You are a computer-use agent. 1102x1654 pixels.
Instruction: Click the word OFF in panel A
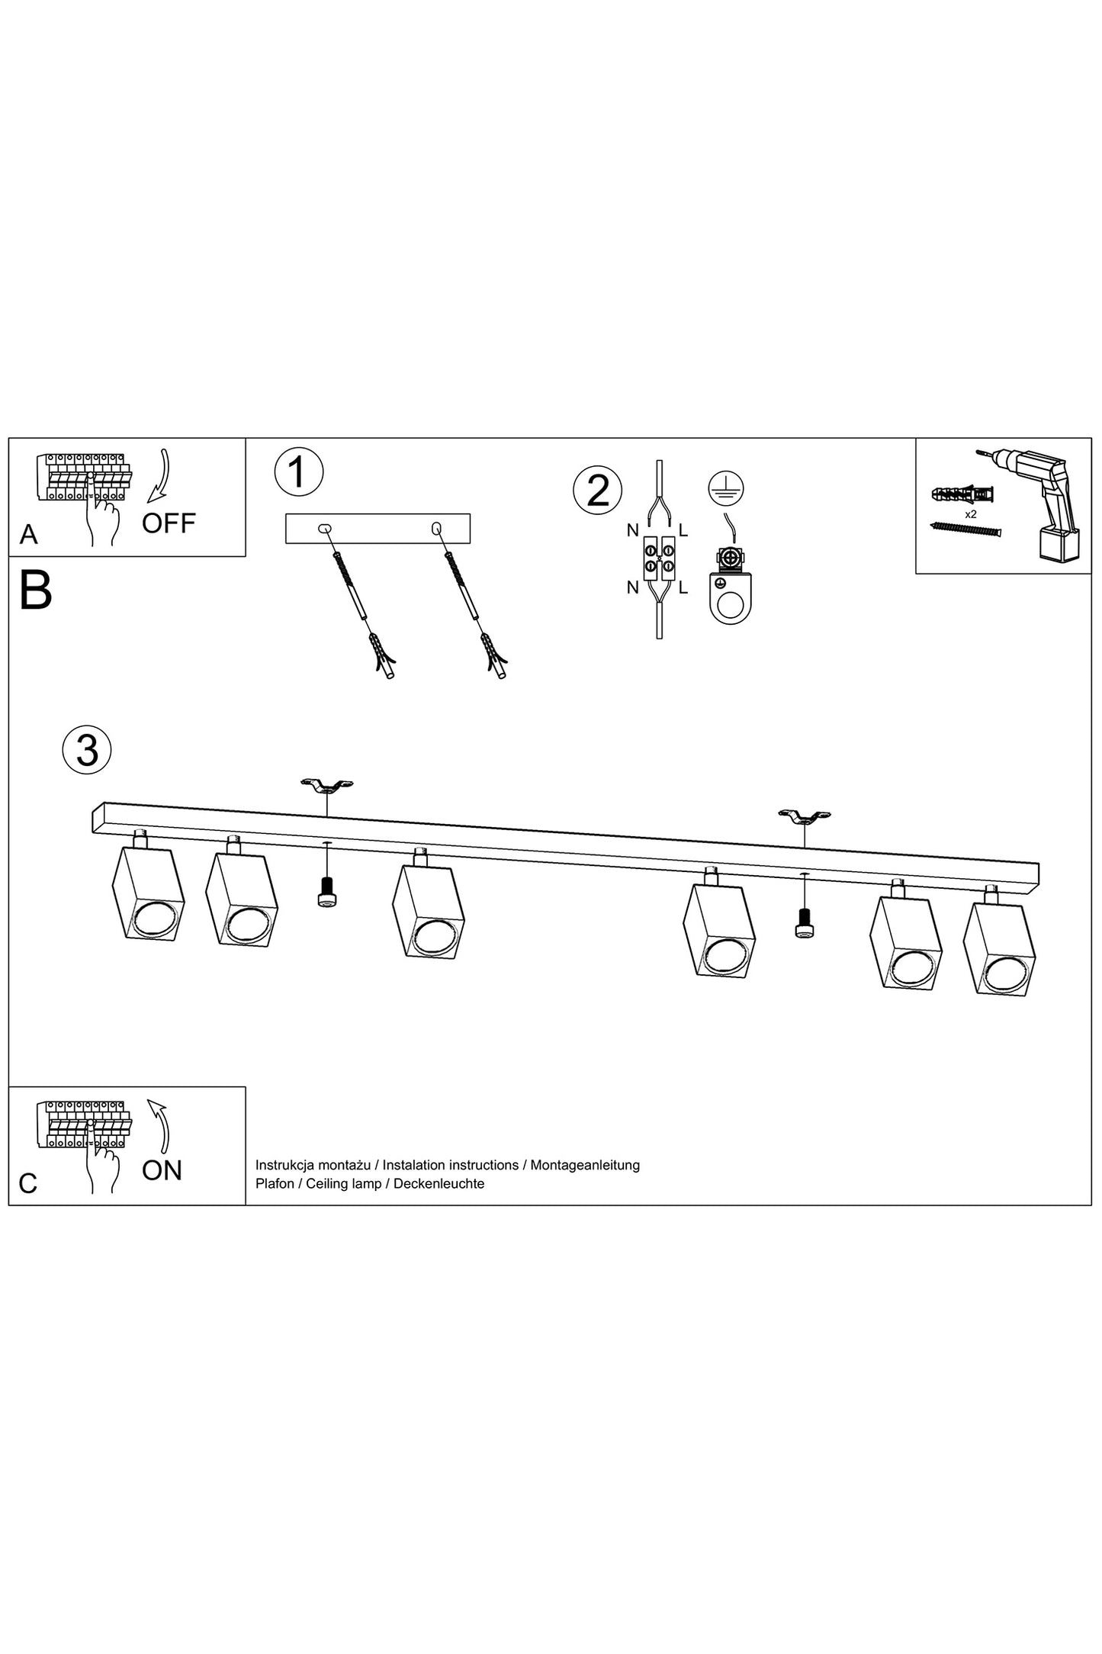click(169, 523)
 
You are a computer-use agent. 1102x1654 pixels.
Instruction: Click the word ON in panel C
click(162, 1170)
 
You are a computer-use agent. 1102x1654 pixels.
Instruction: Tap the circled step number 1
click(299, 471)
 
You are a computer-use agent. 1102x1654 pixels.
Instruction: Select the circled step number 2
click(597, 491)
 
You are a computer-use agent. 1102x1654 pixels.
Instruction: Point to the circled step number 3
click(87, 750)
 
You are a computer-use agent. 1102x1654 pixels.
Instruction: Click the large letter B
click(35, 590)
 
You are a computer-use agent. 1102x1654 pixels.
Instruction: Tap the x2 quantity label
click(971, 515)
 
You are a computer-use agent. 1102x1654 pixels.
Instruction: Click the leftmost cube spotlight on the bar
click(148, 888)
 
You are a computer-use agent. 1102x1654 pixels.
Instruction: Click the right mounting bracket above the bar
click(805, 817)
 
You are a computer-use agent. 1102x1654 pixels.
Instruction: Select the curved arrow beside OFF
click(160, 478)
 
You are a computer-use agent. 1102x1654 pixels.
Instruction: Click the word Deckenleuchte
click(439, 1183)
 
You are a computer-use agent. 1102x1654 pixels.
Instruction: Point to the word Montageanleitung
click(585, 1165)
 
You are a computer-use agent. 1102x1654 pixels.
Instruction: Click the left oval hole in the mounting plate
click(323, 528)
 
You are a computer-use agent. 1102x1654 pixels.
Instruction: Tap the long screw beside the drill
click(965, 530)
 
